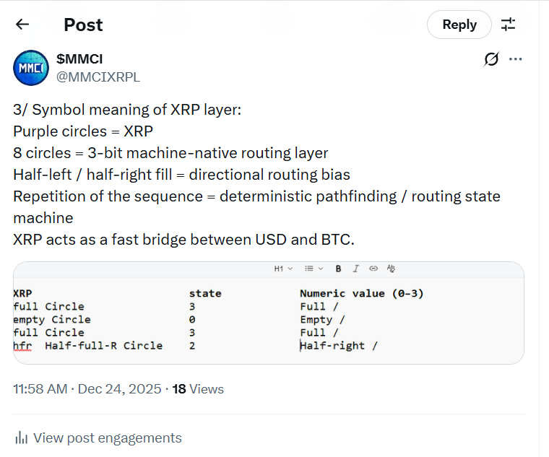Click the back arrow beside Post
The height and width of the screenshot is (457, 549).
coord(22,24)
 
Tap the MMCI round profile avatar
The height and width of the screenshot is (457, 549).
coord(31,68)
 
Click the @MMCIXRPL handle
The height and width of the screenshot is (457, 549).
coord(98,77)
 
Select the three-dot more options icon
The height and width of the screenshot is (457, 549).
coord(515,59)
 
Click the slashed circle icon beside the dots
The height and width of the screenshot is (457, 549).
coord(491,59)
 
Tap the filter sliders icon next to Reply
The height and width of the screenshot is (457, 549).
coord(508,25)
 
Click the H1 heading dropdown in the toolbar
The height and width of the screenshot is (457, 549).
coord(283,269)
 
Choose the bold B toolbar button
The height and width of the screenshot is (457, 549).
coord(338,269)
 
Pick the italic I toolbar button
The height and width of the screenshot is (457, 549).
coord(355,269)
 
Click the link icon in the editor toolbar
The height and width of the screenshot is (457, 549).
coord(373,269)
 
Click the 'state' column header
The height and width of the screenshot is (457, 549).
coord(205,293)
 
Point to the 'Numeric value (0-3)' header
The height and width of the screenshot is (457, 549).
coord(362,293)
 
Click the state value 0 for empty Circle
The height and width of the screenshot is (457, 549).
coord(192,320)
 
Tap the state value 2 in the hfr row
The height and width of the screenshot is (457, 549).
coord(192,346)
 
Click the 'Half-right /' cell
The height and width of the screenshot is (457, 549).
coord(339,346)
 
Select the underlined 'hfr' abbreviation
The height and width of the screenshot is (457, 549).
coord(22,346)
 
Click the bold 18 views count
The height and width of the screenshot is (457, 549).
coord(179,389)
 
